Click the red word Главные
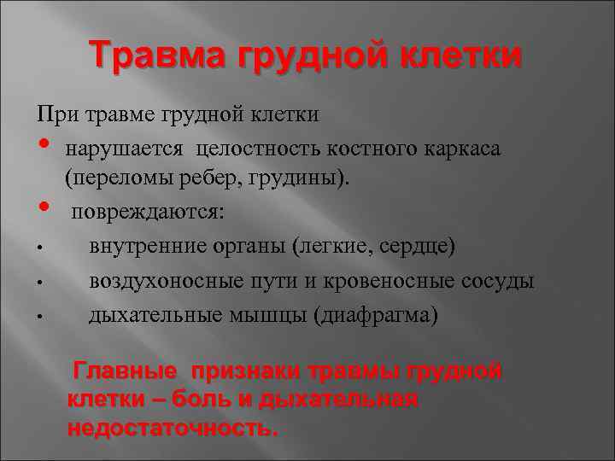[x=126, y=371]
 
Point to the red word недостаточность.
[x=173, y=428]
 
